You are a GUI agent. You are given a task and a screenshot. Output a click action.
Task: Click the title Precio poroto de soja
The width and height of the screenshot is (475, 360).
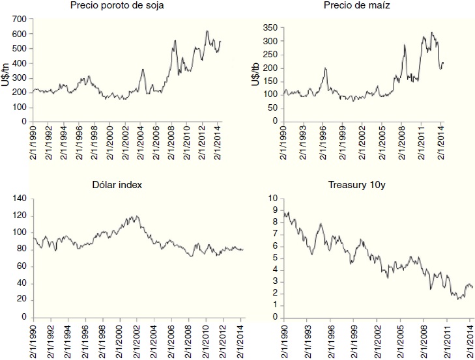point(126,7)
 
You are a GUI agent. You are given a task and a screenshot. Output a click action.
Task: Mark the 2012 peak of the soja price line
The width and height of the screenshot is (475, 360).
point(207,31)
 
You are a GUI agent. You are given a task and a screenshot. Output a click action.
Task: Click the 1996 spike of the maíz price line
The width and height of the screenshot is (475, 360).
point(326,68)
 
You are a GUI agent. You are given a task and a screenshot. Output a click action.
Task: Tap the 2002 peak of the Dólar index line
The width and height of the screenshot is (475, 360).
point(136,215)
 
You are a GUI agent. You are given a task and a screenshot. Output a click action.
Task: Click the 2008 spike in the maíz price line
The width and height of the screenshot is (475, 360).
point(405,45)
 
